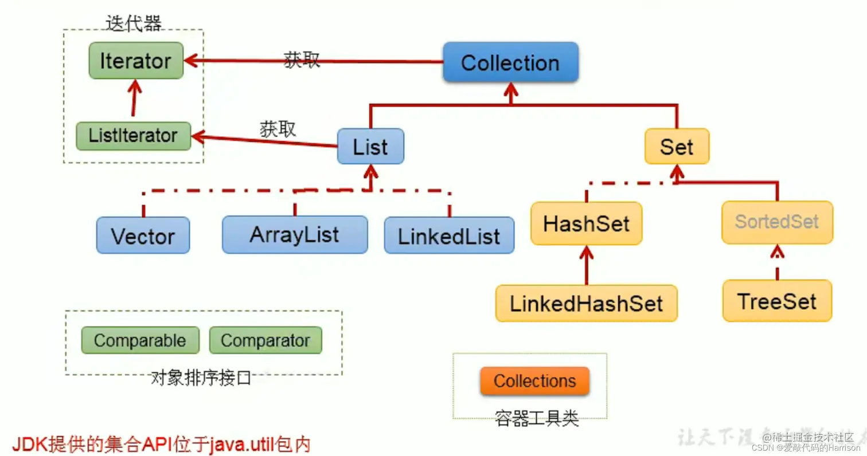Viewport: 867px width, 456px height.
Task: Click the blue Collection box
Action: [510, 62]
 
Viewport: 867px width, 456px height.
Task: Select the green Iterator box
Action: [135, 61]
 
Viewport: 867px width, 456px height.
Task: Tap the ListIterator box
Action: [133, 136]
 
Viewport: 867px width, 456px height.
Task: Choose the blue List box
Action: [370, 147]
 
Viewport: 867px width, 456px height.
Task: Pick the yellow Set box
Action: [677, 147]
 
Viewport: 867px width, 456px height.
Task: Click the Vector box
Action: [143, 235]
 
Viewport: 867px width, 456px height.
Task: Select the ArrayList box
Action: [295, 234]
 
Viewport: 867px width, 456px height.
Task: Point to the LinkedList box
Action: [449, 235]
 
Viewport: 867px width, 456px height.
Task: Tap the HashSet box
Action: [586, 223]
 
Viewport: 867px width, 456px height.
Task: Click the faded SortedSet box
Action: [776, 222]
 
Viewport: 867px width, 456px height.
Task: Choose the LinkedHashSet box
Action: [586, 302]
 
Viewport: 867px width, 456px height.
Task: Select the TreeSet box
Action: [777, 301]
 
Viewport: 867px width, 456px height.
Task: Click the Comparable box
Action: [140, 340]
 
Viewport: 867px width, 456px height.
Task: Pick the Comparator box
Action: [265, 340]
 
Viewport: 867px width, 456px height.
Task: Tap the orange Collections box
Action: [534, 381]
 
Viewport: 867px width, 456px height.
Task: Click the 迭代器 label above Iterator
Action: [134, 22]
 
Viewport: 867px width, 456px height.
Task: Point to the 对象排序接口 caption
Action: [201, 378]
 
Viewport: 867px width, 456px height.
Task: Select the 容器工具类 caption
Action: [537, 419]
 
